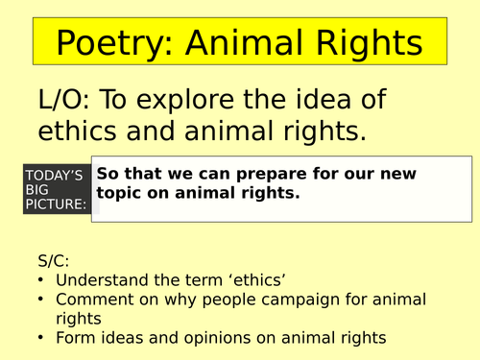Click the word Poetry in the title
click(x=108, y=43)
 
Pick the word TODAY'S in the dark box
click(x=58, y=175)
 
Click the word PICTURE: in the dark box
click(x=60, y=204)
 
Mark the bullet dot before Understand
click(x=39, y=279)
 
